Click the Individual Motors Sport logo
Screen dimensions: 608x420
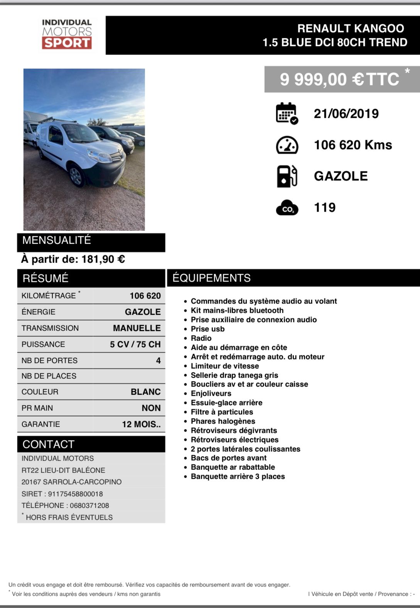coord(67,34)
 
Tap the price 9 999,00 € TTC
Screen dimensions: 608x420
coord(339,80)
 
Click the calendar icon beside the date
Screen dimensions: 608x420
coord(287,113)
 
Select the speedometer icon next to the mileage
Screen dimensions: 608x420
coord(287,145)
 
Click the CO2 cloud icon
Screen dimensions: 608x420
coord(287,208)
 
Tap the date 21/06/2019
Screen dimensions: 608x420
coord(346,113)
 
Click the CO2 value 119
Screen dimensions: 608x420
coord(325,208)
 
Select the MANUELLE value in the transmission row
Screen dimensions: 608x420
coord(137,328)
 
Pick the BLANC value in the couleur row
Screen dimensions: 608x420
coord(145,392)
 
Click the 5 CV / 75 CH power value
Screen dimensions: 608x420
coord(135,344)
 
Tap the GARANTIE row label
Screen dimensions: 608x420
coord(41,424)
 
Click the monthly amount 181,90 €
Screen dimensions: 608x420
coord(103,259)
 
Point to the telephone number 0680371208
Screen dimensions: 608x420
coord(89,505)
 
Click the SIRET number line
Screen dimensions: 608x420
coord(62,494)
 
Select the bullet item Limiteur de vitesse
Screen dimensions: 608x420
coord(224,366)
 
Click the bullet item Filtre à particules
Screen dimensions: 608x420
coord(222,412)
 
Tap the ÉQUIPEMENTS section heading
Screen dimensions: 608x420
coord(211,278)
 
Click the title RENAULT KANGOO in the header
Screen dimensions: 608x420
coord(350,29)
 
